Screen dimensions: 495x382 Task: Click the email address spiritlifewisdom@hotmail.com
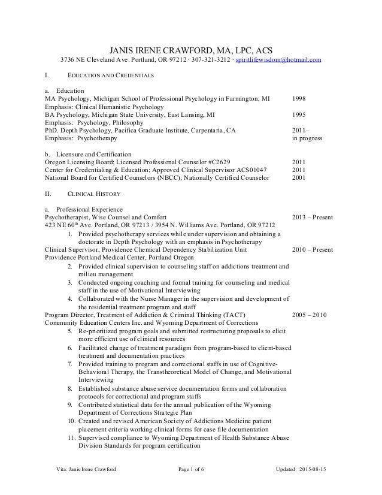(279, 61)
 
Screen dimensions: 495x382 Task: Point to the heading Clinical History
(95, 194)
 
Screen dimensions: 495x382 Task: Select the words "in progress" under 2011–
(307, 138)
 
